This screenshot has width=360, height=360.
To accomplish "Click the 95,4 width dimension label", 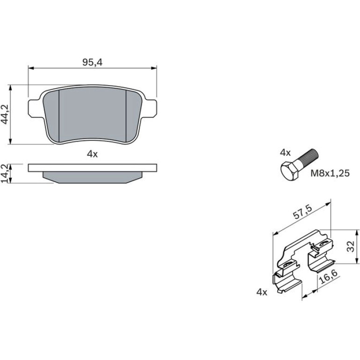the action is (x=92, y=62).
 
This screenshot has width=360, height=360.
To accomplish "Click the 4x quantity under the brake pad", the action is (x=92, y=154).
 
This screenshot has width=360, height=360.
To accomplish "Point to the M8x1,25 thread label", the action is (x=330, y=173).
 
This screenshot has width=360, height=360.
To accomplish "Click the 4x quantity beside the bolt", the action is (x=285, y=153).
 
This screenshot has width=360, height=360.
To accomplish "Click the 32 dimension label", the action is (x=350, y=246).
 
